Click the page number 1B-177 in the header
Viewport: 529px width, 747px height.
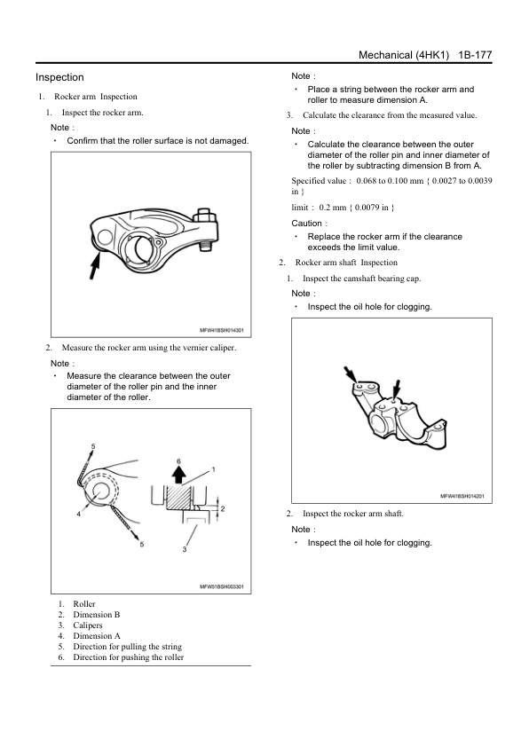coord(475,55)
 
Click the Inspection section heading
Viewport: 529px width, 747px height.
coord(59,77)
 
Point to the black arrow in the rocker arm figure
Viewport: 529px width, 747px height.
coord(95,267)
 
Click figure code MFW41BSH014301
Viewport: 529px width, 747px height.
coord(222,330)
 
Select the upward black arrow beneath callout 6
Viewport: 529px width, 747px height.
coord(179,475)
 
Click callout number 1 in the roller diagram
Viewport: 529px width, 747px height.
coord(214,469)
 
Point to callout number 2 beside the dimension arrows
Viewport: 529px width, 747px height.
coord(223,509)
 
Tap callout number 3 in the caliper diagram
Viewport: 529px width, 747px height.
coord(185,549)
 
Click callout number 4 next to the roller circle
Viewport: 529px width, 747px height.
coord(79,514)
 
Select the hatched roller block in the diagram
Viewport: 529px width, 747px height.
coord(179,498)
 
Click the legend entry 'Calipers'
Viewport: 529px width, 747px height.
coord(88,625)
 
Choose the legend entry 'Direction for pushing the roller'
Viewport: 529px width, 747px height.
coord(128,657)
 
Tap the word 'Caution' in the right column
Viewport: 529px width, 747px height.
coord(306,223)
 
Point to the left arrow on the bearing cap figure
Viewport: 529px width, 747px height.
coord(351,374)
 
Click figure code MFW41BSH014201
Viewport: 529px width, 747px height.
coord(462,496)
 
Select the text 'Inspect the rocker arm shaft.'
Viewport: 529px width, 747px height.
coord(353,514)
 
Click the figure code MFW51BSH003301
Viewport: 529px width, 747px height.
coord(222,586)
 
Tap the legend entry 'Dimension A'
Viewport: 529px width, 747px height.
coord(97,635)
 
